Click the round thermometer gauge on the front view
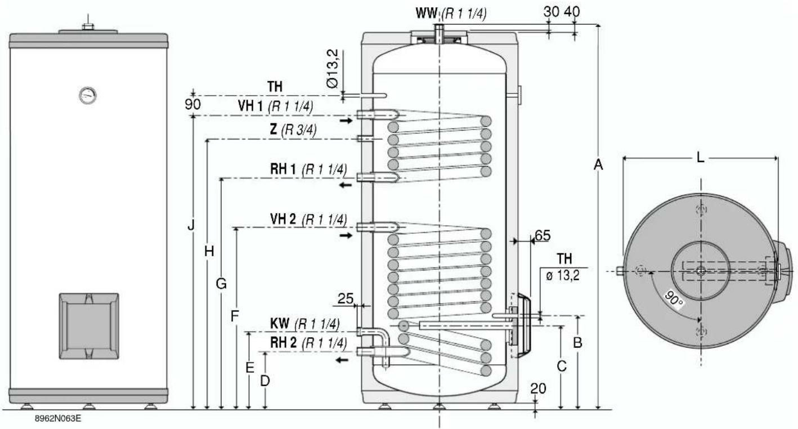(88, 95)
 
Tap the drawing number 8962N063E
(58, 418)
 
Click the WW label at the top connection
(427, 13)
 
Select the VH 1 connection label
(250, 106)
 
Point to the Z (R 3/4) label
(293, 129)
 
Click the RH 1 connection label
(283, 169)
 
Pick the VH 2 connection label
(283, 219)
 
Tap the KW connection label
(279, 324)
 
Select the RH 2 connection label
(283, 343)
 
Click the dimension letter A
(598, 164)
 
